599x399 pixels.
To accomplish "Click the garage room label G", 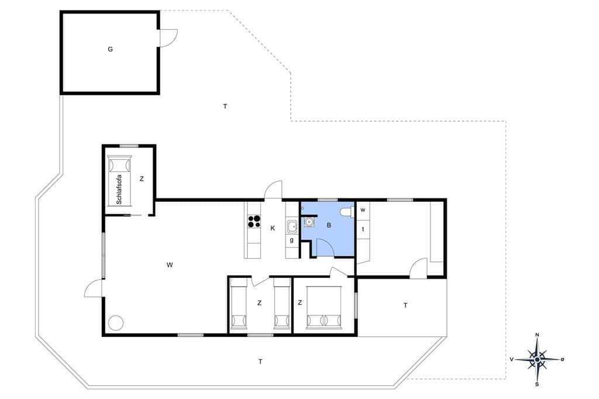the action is (111, 49).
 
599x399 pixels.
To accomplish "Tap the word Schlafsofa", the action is (119, 190).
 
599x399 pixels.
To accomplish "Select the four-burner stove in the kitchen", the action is (254, 222).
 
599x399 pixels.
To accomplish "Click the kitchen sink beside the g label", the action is (292, 226).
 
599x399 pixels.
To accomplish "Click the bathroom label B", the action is (329, 225).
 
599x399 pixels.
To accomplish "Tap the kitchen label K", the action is (273, 228).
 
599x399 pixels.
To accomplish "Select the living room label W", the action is (170, 264).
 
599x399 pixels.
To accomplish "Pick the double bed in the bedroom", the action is (323, 308).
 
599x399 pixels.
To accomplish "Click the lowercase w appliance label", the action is (363, 210).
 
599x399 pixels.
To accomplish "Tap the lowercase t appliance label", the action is (363, 229).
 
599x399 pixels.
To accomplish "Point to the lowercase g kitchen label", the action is (292, 240).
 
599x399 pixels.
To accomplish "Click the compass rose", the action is (537, 359).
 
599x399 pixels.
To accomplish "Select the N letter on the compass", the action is (537, 335).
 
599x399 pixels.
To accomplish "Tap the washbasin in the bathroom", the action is (309, 222).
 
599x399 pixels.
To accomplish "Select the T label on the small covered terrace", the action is (405, 305).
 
